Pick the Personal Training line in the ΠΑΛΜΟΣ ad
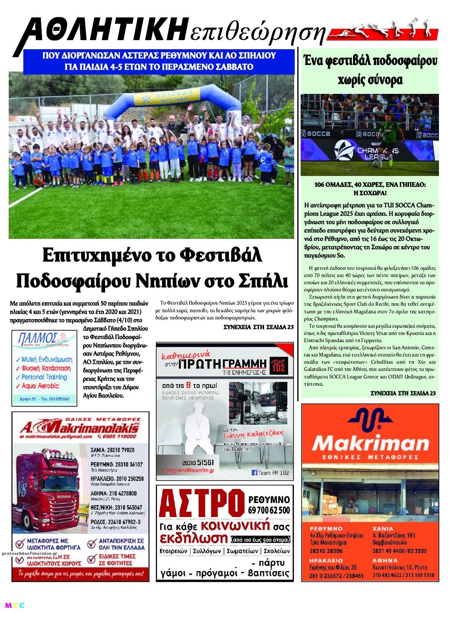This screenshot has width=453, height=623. (44, 377)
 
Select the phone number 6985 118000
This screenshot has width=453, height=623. (119, 436)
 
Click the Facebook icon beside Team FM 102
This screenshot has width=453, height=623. (254, 473)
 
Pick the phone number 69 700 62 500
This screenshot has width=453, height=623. (269, 510)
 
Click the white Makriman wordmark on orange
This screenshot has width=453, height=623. (370, 443)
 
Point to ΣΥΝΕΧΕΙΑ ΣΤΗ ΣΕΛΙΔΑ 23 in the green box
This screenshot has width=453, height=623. (403, 393)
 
